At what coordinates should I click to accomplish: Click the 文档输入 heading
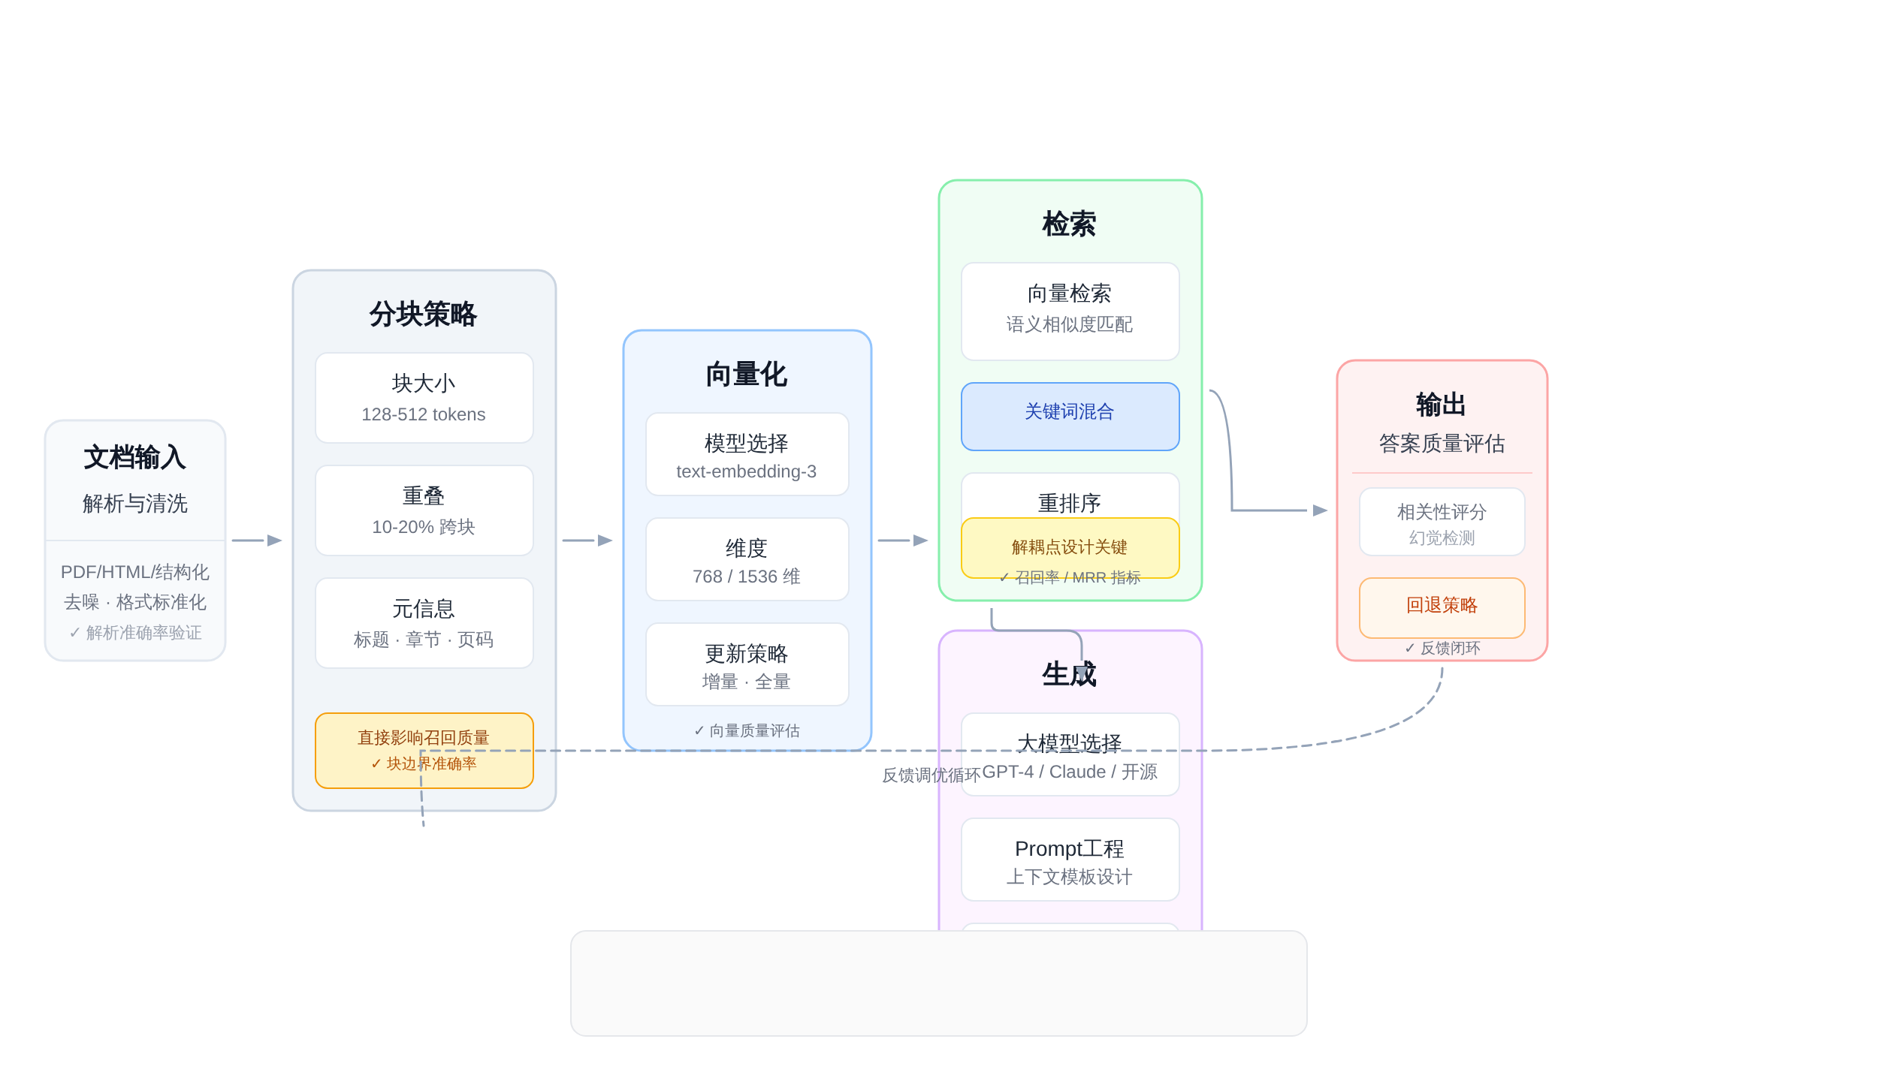tap(135, 457)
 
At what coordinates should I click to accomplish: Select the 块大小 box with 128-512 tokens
tap(424, 398)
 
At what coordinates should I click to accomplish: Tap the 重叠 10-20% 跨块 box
tap(424, 510)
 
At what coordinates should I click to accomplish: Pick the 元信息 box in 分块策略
tap(424, 623)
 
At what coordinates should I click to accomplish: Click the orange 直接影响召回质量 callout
tap(424, 750)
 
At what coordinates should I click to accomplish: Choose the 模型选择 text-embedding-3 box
tap(747, 454)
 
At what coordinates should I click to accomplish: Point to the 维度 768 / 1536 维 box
tap(747, 559)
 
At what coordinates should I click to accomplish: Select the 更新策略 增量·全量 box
tap(747, 664)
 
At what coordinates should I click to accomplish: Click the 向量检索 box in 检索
tap(1070, 311)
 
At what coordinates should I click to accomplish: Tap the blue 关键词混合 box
tap(1070, 416)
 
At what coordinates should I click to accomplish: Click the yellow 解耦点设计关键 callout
tap(1070, 547)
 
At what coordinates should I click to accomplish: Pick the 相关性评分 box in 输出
tap(1442, 522)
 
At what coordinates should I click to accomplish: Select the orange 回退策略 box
tap(1442, 607)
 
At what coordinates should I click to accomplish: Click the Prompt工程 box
tap(1070, 860)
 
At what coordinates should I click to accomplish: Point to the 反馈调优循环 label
tap(931, 775)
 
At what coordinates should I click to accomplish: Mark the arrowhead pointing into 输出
tap(1320, 510)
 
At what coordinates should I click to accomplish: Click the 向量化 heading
tap(747, 374)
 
